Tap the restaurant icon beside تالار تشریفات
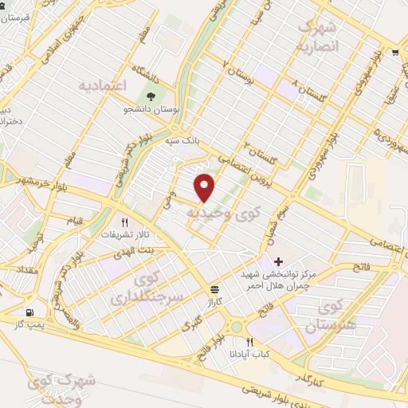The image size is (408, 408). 124,222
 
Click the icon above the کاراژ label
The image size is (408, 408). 214,288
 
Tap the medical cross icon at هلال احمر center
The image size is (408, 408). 277,261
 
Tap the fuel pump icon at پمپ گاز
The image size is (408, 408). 30,313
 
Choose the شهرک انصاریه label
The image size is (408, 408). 317,36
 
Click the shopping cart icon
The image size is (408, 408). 395,53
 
